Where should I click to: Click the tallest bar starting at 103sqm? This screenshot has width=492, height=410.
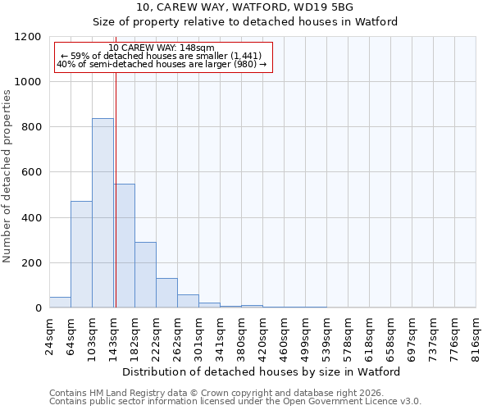102,213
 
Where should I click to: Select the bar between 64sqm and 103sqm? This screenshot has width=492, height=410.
81,254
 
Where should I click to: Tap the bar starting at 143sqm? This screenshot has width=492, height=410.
125,246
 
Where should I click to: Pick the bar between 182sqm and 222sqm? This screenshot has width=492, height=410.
145,275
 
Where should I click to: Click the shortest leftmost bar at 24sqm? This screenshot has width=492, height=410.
60,303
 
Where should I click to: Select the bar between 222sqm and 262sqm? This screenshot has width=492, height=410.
166,293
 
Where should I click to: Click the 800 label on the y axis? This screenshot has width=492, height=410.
32,127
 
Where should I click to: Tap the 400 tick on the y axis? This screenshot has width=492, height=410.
32,217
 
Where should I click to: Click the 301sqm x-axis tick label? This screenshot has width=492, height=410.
198,336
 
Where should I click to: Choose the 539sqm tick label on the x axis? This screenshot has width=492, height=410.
326,336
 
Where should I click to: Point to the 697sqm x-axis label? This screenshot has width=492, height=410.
412,336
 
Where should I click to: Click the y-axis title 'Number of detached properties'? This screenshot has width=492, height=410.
7,176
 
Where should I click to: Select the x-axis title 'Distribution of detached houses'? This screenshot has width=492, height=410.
262,371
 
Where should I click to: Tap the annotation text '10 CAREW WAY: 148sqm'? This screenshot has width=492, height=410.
162,48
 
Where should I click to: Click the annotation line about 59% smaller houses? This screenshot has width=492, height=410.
162,56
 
